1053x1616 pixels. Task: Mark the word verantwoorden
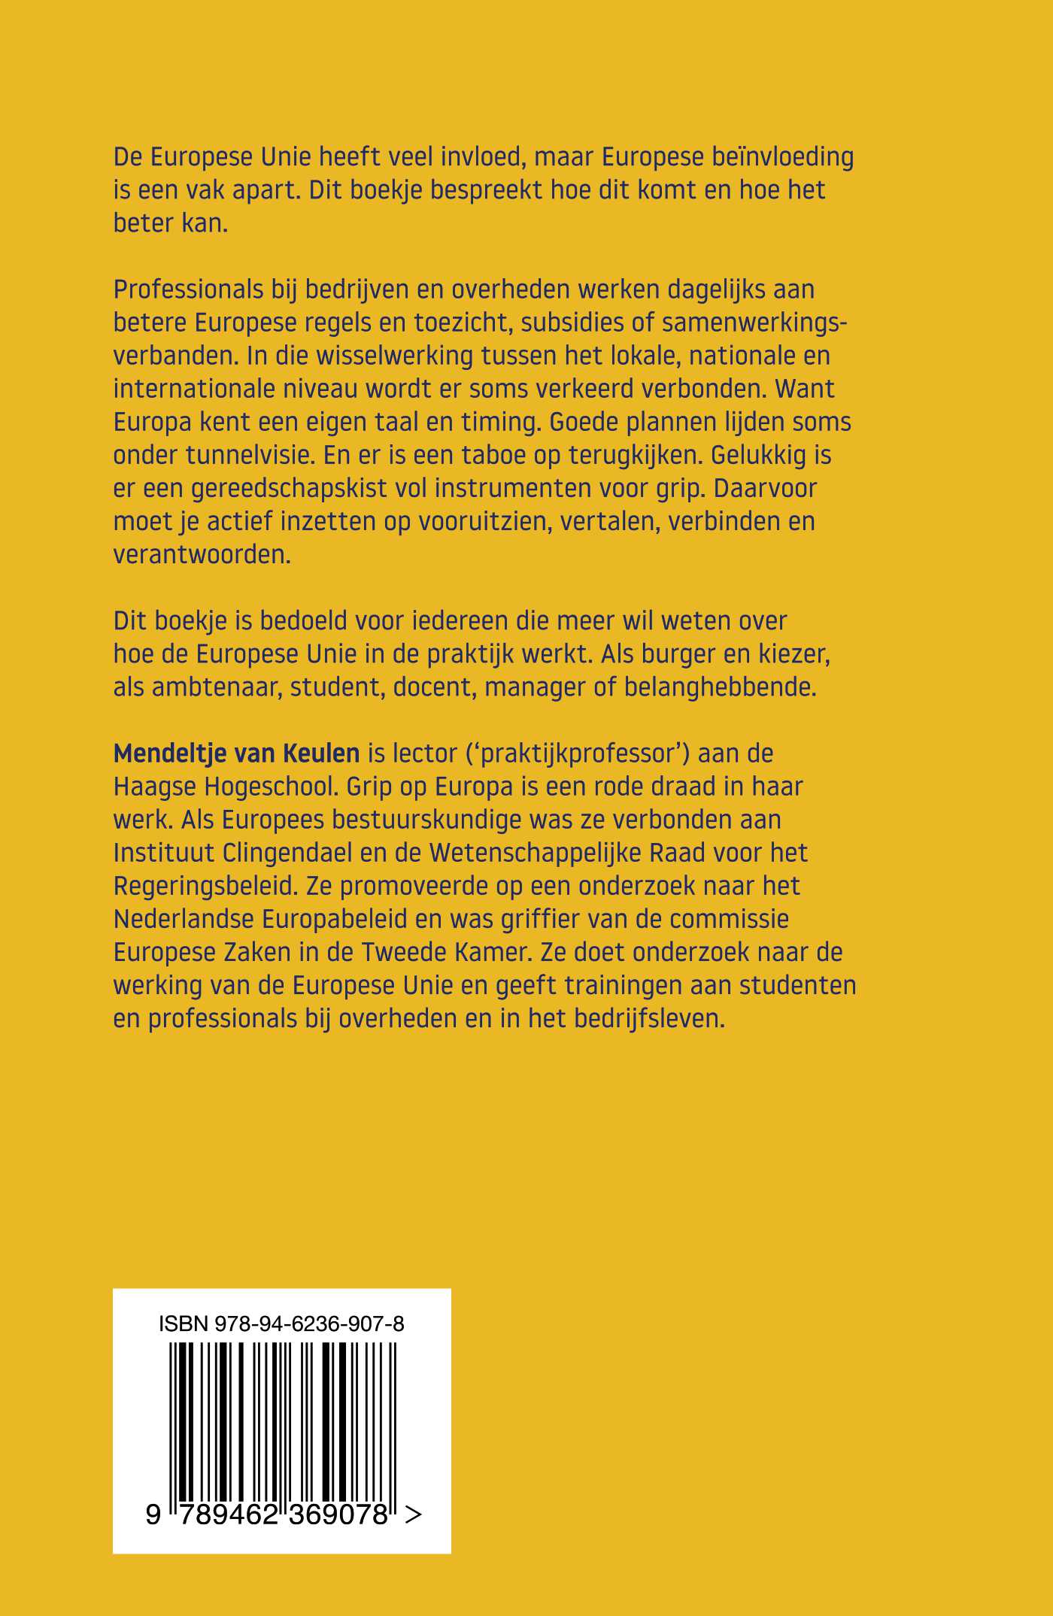(202, 554)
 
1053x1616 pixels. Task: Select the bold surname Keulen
(322, 753)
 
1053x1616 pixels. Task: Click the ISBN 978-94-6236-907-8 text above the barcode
(281, 1323)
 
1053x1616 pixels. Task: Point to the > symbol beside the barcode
(413, 1514)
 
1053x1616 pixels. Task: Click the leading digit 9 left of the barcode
(153, 1514)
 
